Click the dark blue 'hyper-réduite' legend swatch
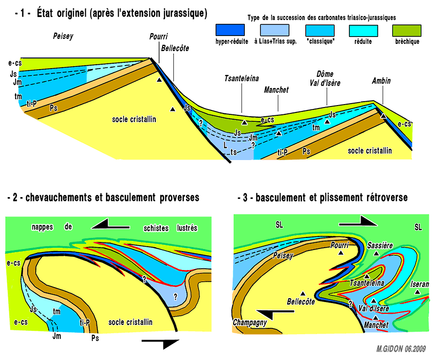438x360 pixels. [230, 31]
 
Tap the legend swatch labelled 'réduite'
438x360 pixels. [363, 31]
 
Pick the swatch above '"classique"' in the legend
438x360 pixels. [320, 31]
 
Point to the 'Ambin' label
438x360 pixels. [381, 81]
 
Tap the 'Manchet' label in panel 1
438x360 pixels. [276, 90]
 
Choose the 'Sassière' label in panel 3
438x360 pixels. [380, 246]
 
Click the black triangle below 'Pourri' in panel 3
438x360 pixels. [341, 254]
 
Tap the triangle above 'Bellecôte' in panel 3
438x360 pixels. [303, 293]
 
